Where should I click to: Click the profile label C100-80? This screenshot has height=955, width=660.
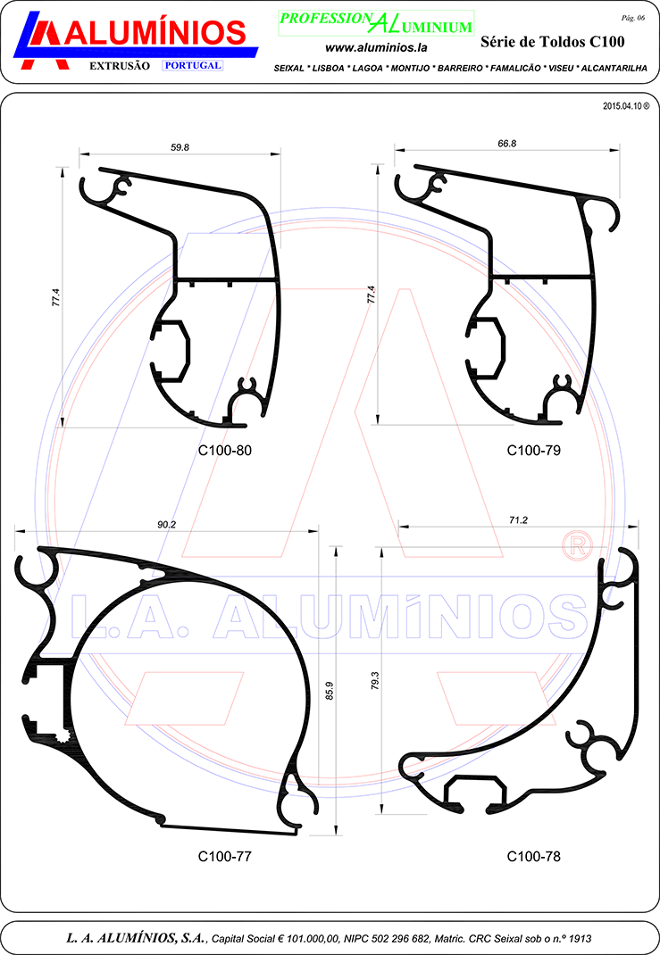224,450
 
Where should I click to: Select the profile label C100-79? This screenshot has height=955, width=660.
533,450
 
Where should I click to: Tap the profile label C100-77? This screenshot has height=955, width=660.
224,856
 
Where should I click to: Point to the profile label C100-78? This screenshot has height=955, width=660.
533,856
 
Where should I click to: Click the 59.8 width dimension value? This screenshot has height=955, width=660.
180,147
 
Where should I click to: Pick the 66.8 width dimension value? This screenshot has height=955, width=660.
507,144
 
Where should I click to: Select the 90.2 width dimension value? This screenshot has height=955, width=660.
166,525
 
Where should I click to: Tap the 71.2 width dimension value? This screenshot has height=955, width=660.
518,520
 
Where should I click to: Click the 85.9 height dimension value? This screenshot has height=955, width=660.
330,691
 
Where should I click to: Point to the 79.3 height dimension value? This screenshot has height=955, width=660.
375,680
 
